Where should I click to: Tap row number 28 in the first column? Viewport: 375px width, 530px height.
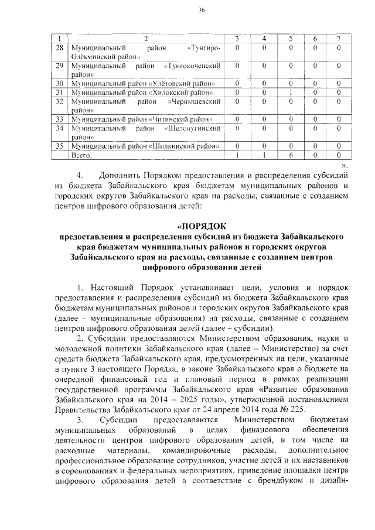(x=59, y=47)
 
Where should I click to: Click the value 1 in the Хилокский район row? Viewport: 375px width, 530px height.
(x=291, y=92)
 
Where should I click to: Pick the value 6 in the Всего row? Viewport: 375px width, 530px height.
(x=291, y=156)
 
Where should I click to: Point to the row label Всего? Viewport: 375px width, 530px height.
(x=82, y=156)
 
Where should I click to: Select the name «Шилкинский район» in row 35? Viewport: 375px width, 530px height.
(x=186, y=146)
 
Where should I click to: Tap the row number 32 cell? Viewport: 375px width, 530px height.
(x=59, y=101)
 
